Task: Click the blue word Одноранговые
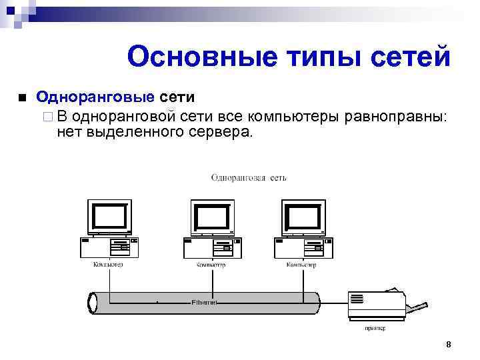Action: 95,98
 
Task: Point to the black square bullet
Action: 23,99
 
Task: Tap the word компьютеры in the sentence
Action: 293,117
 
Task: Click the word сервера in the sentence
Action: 221,132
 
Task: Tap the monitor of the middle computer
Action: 212,217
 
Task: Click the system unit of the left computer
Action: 109,248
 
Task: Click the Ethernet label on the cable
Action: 204,302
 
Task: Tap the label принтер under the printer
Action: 375,328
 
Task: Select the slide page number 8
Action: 448,344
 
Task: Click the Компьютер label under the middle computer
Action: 211,265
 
